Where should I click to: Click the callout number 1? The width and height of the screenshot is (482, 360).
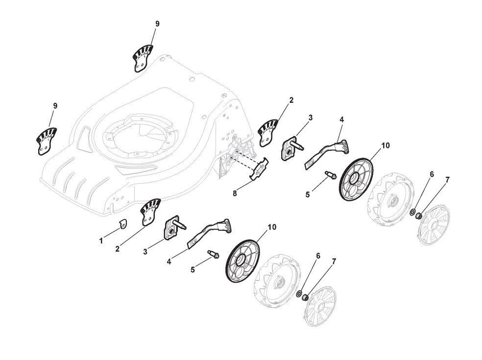pos(101,240)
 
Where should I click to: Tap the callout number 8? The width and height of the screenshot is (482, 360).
pos(235,193)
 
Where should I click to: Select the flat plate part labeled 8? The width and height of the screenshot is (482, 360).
pos(260,169)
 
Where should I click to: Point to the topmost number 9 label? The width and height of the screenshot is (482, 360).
pos(157,24)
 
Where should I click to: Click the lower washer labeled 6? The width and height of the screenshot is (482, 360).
pos(299,293)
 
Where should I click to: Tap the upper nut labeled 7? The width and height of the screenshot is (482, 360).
pos(418,216)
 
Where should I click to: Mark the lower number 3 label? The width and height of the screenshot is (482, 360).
pos(145,252)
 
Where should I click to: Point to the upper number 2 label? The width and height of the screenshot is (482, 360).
pos(291,100)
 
